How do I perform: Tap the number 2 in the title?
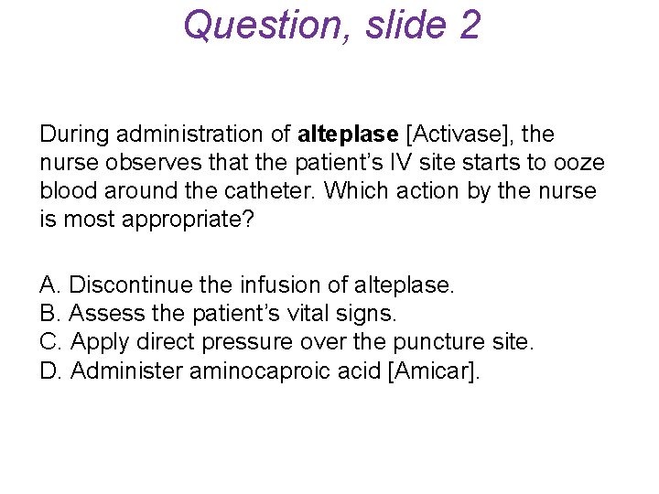point(466,25)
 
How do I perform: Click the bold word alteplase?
point(349,134)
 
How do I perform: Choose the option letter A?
point(48,285)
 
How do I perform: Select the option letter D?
point(49,370)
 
